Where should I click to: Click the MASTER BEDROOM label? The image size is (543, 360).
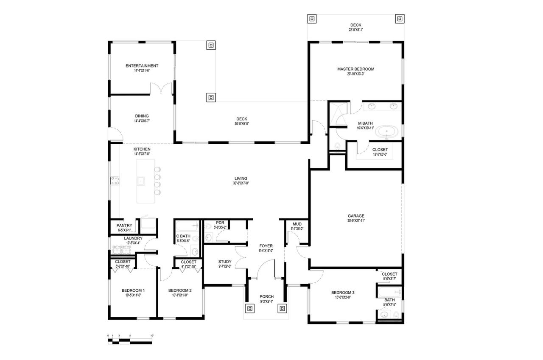(x=355, y=69)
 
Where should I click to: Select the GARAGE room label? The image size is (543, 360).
(x=355, y=215)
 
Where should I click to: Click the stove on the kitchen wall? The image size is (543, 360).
(x=114, y=181)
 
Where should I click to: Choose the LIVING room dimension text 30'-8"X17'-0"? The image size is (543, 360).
(x=240, y=184)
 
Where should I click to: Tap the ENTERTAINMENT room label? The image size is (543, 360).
(x=142, y=66)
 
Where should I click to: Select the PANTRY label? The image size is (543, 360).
(x=124, y=226)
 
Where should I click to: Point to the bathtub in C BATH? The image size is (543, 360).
(x=187, y=225)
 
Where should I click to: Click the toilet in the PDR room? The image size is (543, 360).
(x=209, y=237)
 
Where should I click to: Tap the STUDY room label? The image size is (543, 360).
(x=224, y=262)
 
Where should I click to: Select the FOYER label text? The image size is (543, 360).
(x=266, y=246)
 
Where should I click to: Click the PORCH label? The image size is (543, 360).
(x=266, y=296)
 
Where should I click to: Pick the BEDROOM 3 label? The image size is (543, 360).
(x=343, y=293)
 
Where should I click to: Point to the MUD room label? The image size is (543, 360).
(x=297, y=224)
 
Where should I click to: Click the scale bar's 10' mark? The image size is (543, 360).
(x=151, y=336)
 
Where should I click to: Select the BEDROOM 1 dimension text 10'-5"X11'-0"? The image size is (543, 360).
(x=133, y=295)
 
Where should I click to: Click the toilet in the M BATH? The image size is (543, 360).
(x=337, y=146)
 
